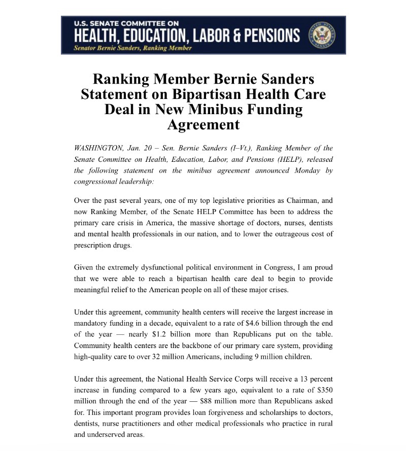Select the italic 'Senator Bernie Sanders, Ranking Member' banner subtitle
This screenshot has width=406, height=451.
tap(133, 48)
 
